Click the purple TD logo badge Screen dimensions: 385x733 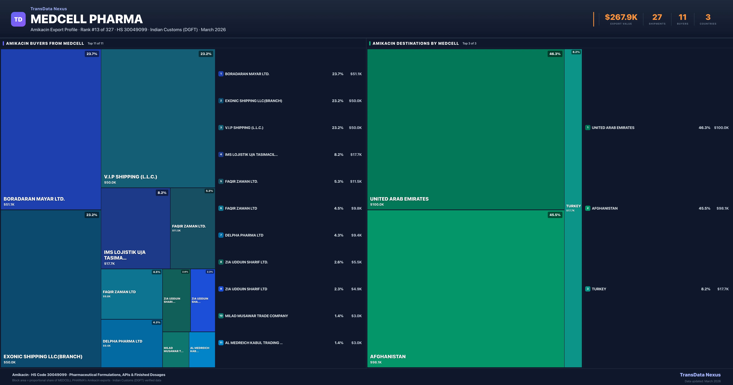pos(18,19)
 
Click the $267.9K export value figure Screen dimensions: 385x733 pos(621,17)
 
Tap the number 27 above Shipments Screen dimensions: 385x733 pos(657,17)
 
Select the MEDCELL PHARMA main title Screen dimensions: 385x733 pos(86,19)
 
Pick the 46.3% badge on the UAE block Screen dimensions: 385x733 pos(555,54)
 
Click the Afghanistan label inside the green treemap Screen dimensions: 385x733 pos(388,357)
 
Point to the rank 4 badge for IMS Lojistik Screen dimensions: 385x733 pos(221,154)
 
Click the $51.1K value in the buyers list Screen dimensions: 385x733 pos(356,74)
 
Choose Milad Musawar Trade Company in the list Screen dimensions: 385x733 pos(256,316)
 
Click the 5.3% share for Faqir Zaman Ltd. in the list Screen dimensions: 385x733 pos(339,181)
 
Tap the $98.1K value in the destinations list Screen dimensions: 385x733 pos(722,208)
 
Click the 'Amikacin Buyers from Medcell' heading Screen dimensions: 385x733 pos(45,43)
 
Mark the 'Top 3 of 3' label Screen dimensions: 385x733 pos(469,43)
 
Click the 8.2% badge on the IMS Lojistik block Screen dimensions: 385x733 pos(162,193)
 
